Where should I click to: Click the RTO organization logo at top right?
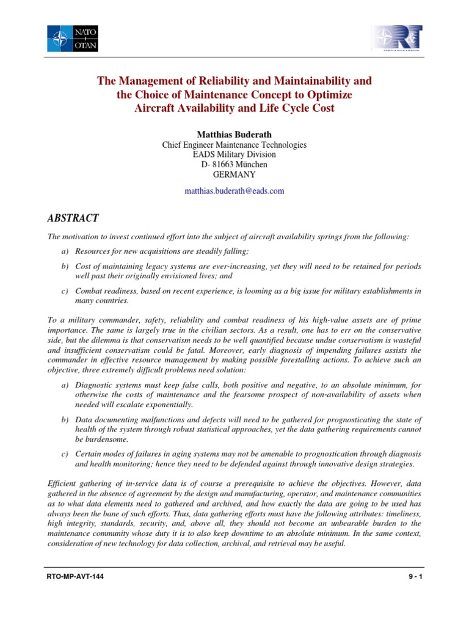(397, 38)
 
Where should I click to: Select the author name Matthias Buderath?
(234, 134)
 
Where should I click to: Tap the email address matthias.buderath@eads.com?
(234, 191)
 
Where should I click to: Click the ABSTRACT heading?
(73, 219)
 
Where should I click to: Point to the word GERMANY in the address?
(234, 175)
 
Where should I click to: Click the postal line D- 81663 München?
(234, 165)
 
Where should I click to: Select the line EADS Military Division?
(234, 155)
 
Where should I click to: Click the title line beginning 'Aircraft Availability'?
(234, 108)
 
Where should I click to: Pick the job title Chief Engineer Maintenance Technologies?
(234, 145)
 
